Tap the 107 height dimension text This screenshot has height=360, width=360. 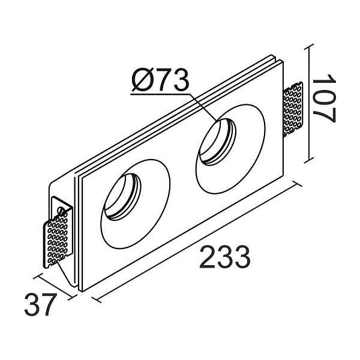point(324,98)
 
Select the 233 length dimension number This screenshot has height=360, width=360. point(224,259)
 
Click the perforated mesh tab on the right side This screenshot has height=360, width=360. point(293,109)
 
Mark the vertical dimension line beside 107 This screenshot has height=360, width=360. point(309,102)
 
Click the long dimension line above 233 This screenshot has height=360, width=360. point(198,240)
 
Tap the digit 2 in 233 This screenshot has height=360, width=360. point(207,259)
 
